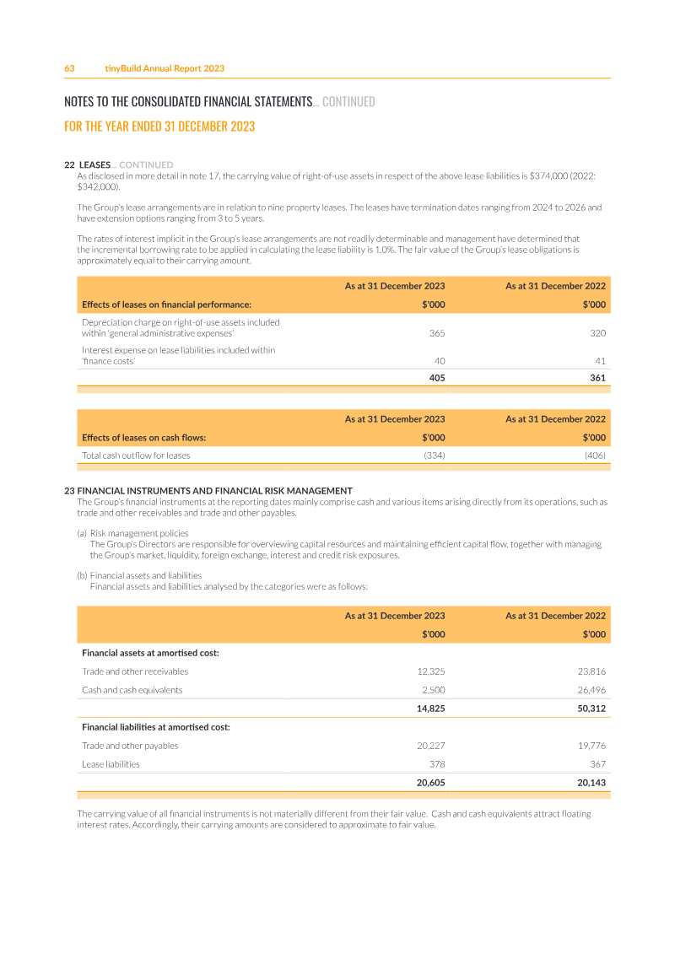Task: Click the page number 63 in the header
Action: (x=70, y=68)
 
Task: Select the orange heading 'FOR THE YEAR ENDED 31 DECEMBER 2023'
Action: (x=159, y=127)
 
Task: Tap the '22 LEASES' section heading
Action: (x=88, y=164)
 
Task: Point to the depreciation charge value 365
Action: (x=436, y=333)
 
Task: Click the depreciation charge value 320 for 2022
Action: (x=597, y=333)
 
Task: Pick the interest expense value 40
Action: (x=439, y=361)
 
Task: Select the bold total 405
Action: (x=436, y=378)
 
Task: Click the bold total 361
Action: (x=597, y=378)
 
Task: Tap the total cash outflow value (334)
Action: (x=434, y=455)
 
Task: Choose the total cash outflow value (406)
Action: (x=595, y=455)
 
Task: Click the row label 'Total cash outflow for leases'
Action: (x=136, y=455)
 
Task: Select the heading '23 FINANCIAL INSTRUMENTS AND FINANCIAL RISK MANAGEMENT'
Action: (x=208, y=491)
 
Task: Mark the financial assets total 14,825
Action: (x=430, y=709)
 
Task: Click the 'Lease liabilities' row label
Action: (x=111, y=764)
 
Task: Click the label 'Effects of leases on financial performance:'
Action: (x=166, y=305)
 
